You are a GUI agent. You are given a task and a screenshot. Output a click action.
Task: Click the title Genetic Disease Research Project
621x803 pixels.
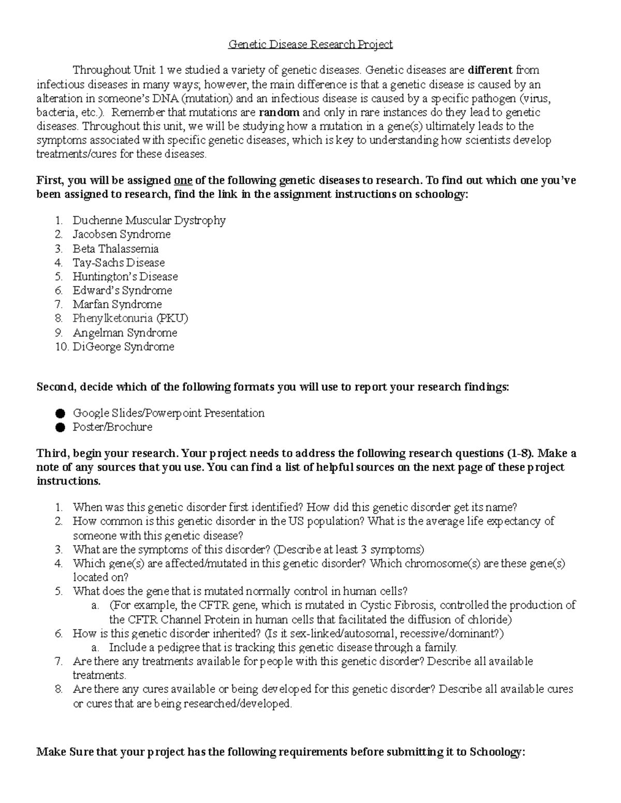[x=310, y=44]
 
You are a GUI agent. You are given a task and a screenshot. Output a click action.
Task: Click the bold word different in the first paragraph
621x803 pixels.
[x=490, y=70]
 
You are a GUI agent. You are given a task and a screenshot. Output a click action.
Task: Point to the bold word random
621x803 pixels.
[x=279, y=113]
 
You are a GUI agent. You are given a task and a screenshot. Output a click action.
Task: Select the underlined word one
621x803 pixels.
[x=183, y=180]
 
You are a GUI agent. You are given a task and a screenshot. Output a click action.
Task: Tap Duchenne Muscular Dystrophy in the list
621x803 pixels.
[x=149, y=220]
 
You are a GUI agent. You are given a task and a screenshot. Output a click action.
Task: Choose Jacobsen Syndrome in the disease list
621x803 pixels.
[x=122, y=234]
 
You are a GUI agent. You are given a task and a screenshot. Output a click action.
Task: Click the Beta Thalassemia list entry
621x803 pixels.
[x=115, y=249]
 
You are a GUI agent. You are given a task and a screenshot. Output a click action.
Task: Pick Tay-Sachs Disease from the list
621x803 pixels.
[x=119, y=263]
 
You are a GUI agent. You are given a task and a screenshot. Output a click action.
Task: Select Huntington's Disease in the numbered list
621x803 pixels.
[x=125, y=277]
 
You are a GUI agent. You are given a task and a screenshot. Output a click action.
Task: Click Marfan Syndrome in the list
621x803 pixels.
[x=117, y=305]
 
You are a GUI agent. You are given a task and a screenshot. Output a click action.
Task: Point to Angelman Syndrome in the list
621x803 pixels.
[x=125, y=333]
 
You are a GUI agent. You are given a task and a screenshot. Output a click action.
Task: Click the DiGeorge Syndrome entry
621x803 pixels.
[x=123, y=347]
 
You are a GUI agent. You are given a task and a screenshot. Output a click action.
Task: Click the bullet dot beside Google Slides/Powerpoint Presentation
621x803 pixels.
[x=60, y=414]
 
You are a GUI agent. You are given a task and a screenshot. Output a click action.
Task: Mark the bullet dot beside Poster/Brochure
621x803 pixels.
[x=60, y=428]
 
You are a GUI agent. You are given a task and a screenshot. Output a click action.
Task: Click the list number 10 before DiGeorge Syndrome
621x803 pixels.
[x=62, y=347]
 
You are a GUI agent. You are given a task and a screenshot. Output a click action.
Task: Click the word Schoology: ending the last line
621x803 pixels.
[x=496, y=752]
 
